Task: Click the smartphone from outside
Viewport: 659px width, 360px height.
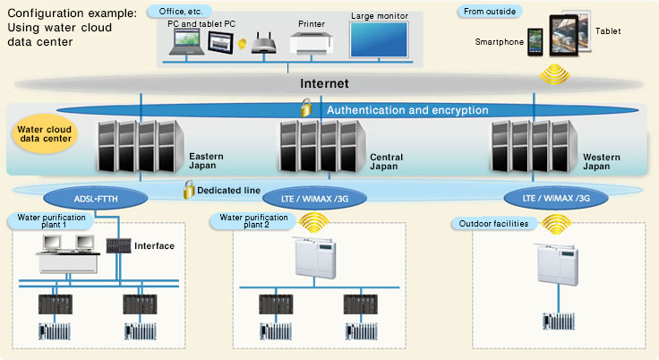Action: point(535,40)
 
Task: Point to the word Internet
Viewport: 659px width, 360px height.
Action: point(324,83)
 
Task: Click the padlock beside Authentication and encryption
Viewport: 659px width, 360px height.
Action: point(306,109)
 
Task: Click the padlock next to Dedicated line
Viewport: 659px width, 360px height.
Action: point(190,190)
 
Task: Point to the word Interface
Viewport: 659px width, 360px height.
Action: point(154,245)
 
